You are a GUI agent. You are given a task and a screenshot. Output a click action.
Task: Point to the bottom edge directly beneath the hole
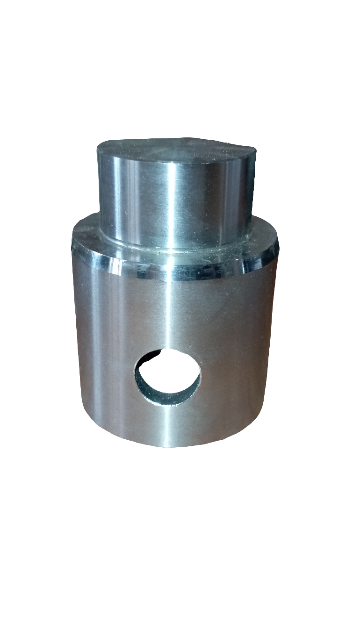168,446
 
